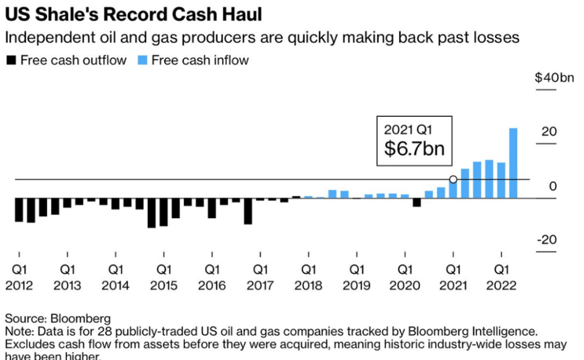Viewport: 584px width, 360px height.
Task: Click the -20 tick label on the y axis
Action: (547, 240)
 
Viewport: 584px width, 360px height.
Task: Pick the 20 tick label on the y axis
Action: (549, 131)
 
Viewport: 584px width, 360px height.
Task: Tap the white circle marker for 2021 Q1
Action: (453, 179)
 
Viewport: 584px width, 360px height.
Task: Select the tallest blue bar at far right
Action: (513, 163)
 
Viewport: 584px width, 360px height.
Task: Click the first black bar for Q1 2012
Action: (19, 210)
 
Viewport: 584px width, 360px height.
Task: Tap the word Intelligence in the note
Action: (505, 332)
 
